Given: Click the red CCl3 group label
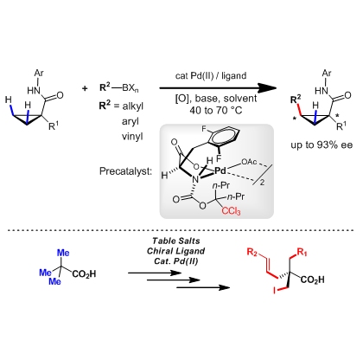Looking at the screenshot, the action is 231,211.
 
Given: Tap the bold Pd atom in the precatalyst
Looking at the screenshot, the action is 220,170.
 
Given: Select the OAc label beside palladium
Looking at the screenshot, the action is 249,162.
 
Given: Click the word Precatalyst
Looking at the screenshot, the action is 125,171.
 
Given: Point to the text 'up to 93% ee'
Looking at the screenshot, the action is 322,145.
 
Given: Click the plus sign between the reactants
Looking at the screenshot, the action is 85,88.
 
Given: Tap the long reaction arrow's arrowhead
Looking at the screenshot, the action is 267,88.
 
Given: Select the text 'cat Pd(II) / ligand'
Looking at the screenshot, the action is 211,75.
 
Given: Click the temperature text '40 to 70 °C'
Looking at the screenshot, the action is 216,110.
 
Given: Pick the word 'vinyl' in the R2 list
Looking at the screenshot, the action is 132,136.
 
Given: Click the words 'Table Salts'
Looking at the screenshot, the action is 176,241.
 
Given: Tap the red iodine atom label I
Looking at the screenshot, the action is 274,291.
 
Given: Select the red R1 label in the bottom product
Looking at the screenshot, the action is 302,253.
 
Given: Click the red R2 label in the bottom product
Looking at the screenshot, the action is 252,253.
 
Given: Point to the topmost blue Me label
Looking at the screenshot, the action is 63,253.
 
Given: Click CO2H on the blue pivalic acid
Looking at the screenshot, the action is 84,273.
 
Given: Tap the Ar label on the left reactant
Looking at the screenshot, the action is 39,74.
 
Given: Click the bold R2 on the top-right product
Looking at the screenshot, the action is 296,100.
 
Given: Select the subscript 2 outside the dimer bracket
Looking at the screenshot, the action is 262,183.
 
